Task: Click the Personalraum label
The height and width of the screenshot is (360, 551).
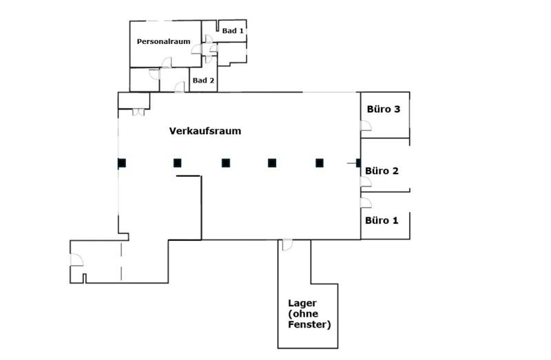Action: coord(163,42)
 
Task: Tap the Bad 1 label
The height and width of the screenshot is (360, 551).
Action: coord(232,31)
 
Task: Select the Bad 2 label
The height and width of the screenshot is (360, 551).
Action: coord(203,81)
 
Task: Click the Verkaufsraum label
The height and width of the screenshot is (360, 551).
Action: coord(205,131)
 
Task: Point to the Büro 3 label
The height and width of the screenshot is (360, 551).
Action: coord(383,109)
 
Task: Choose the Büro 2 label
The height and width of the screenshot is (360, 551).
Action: coord(382,171)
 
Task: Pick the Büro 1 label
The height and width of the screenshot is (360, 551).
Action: coord(382,221)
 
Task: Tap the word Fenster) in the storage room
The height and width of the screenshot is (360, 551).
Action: coord(309,324)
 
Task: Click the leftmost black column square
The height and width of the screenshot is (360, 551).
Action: coord(122,163)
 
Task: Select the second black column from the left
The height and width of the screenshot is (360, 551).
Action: coord(177,163)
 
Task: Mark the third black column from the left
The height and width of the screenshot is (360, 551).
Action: coord(225,163)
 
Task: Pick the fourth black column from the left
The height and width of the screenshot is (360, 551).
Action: coord(272,163)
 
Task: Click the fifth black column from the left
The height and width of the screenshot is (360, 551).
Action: coord(319,163)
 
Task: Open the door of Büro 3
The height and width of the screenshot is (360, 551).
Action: coord(366,125)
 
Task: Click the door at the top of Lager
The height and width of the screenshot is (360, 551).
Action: coord(287,245)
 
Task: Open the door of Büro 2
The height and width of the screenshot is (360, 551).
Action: coord(366,182)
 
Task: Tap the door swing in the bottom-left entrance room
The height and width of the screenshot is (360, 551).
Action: coord(76,260)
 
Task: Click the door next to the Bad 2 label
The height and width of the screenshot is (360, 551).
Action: coord(180,87)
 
